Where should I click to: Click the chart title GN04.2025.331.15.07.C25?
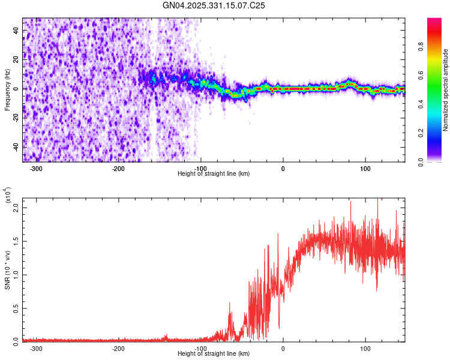tap(214, 5)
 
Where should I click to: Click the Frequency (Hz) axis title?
tap(7, 90)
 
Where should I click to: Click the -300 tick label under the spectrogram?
tap(36, 168)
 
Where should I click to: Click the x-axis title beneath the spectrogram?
tap(214, 173)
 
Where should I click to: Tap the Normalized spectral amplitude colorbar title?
tap(446, 90)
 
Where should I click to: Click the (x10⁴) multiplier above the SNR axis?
tap(7, 196)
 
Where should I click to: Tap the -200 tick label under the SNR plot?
tap(118, 348)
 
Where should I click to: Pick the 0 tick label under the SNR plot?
tap(283, 348)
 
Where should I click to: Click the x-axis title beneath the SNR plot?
tap(214, 353)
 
